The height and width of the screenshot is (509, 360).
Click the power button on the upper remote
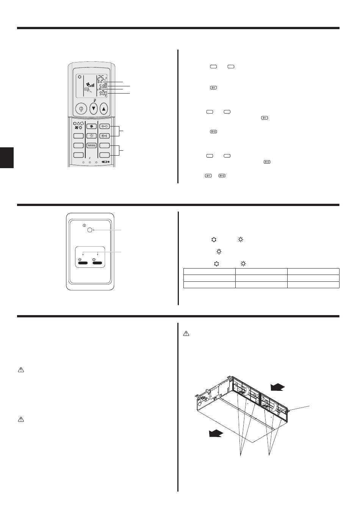(x=80, y=109)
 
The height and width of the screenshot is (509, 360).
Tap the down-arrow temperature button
(x=94, y=109)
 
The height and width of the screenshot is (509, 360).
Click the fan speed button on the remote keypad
(x=91, y=126)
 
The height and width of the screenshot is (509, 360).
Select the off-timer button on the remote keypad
(x=105, y=126)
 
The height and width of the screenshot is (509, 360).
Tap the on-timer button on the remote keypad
(x=105, y=136)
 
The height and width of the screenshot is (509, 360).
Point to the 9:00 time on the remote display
(x=103, y=93)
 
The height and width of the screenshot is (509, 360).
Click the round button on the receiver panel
(x=89, y=230)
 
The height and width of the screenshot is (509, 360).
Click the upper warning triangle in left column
(x=21, y=370)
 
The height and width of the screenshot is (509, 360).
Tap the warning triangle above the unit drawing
(x=186, y=334)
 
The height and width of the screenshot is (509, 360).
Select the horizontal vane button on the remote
(x=91, y=145)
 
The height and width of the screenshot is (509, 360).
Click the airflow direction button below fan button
(x=91, y=136)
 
